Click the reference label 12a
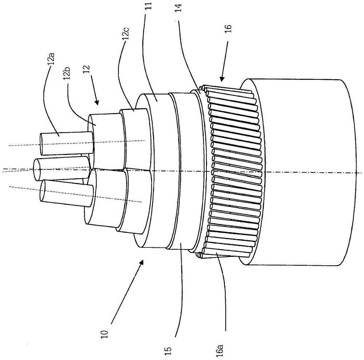click(52, 58)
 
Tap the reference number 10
click(105, 334)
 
